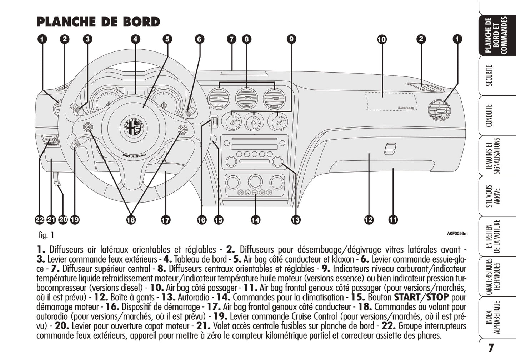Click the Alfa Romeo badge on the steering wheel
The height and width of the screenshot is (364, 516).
pos(135,126)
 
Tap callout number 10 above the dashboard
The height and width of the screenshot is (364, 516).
pos(382,39)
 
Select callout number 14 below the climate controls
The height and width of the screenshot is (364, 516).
pos(255,220)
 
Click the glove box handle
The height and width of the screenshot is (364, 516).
pos(390,149)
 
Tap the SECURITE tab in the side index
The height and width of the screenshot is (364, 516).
pos(489,75)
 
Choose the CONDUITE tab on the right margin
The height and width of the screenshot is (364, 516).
pos(489,115)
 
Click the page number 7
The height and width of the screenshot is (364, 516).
pos(491,348)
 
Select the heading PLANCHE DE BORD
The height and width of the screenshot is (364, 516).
pos(98,22)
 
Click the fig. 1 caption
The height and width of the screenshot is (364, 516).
pos(46,235)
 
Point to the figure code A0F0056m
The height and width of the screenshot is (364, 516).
pos(457,234)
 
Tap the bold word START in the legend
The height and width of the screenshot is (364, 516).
pos(407,297)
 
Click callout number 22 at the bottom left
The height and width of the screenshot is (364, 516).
pos(39,220)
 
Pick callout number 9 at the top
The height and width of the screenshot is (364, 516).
pos(291,39)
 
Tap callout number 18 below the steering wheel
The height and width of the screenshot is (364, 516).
pos(131,220)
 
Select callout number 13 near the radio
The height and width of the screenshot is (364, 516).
pos(296,220)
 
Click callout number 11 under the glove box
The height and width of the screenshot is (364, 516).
pos(393,220)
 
